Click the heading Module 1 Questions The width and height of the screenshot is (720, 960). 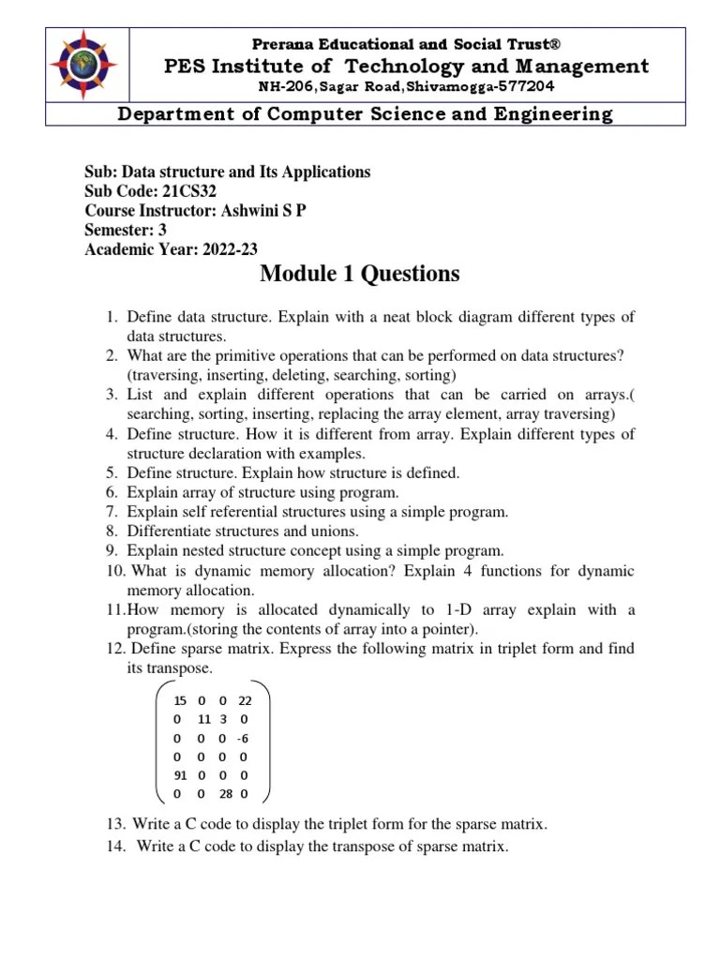(x=360, y=274)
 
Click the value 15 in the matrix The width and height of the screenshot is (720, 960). (x=180, y=700)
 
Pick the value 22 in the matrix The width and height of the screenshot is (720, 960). (x=245, y=700)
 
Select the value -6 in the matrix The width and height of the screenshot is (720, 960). (x=243, y=738)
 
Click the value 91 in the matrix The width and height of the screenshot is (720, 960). (x=180, y=775)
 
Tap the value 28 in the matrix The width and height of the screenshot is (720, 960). (x=226, y=794)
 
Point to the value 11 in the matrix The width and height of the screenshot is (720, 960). (x=203, y=719)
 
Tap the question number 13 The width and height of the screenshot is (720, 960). (x=115, y=824)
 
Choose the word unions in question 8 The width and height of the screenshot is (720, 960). (x=308, y=532)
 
